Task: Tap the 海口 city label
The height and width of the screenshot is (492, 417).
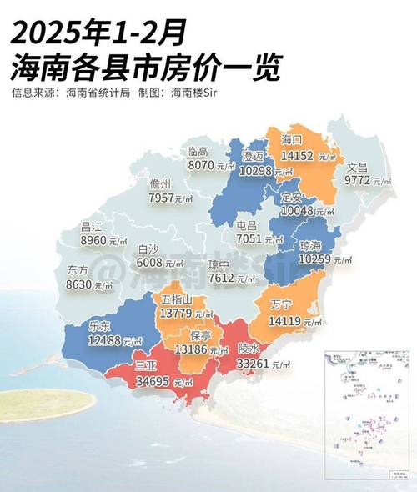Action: pos(293,139)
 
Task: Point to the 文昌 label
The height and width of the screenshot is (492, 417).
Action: pos(357,167)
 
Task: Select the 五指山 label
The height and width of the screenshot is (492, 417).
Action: pos(178,299)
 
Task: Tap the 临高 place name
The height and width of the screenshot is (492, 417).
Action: pos(198,151)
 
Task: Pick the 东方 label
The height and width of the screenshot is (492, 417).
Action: pos(77,270)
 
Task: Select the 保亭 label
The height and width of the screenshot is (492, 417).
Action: pos(200,335)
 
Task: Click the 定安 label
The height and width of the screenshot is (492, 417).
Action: pos(292,198)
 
